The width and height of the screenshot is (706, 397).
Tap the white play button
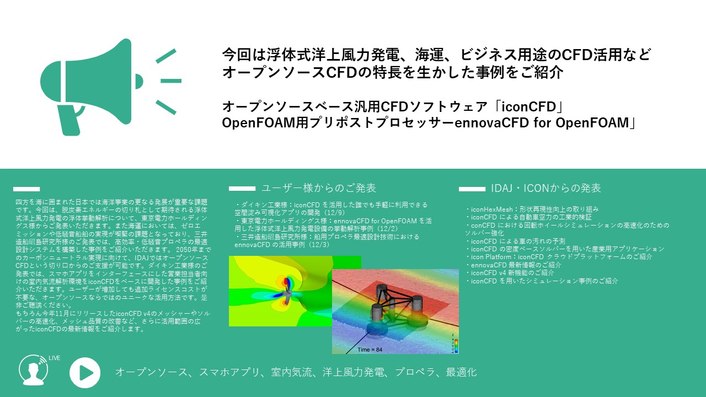coord(85,373)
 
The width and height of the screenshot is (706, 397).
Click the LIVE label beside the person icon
coord(55,358)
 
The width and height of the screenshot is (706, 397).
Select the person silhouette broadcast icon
coord(34,371)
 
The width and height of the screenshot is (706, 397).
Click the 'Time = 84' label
coord(370,350)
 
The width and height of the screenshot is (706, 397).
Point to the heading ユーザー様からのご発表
coord(319,188)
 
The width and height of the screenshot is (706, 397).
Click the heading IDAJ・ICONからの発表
coord(546,188)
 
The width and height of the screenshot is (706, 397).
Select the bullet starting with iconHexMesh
coord(532,209)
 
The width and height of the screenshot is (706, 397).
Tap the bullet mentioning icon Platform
coord(559,257)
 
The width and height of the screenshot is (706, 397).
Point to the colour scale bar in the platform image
coord(456,346)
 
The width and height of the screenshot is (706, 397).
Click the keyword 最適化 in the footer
coord(461,372)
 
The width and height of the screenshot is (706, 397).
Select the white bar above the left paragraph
coord(26,189)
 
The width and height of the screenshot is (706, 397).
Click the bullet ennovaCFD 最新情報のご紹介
coord(513,265)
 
